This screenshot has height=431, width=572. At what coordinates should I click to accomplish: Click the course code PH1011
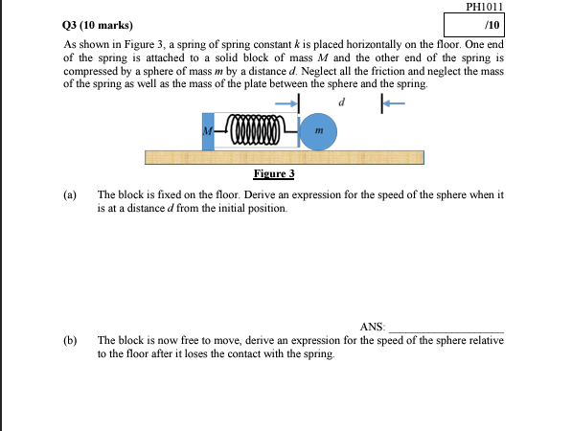pos(484,7)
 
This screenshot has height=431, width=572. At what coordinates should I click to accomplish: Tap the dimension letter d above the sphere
pos(341,101)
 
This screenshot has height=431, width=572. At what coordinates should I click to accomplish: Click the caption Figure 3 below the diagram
pos(273,173)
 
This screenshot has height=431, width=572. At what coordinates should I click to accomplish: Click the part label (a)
pos(70,194)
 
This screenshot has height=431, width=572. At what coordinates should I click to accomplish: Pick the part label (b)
pos(70,340)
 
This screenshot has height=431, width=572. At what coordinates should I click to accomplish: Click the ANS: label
pos(373,328)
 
